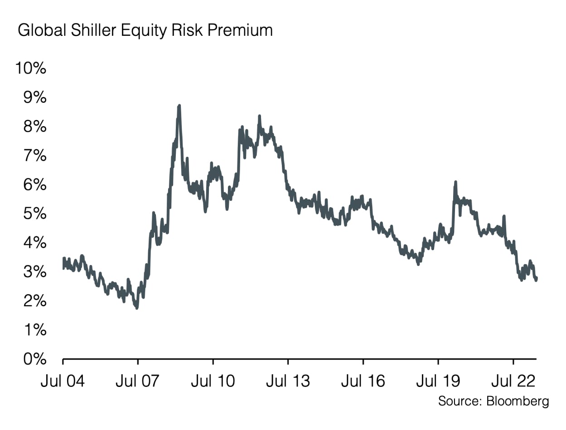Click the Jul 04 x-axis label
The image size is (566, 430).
63,381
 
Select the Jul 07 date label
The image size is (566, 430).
137,381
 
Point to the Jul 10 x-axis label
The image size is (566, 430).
213,381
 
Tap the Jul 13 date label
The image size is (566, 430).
288,381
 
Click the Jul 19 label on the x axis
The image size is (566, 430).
438,381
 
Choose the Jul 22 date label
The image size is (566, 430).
513,381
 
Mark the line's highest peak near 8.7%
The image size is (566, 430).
179,106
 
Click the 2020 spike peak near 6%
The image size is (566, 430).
455,182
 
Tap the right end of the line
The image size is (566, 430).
537,279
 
